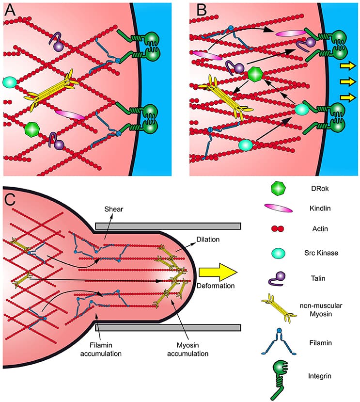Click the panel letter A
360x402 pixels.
(x=9, y=10)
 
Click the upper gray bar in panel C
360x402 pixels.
(x=168, y=226)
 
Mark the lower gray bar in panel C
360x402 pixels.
(x=168, y=327)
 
